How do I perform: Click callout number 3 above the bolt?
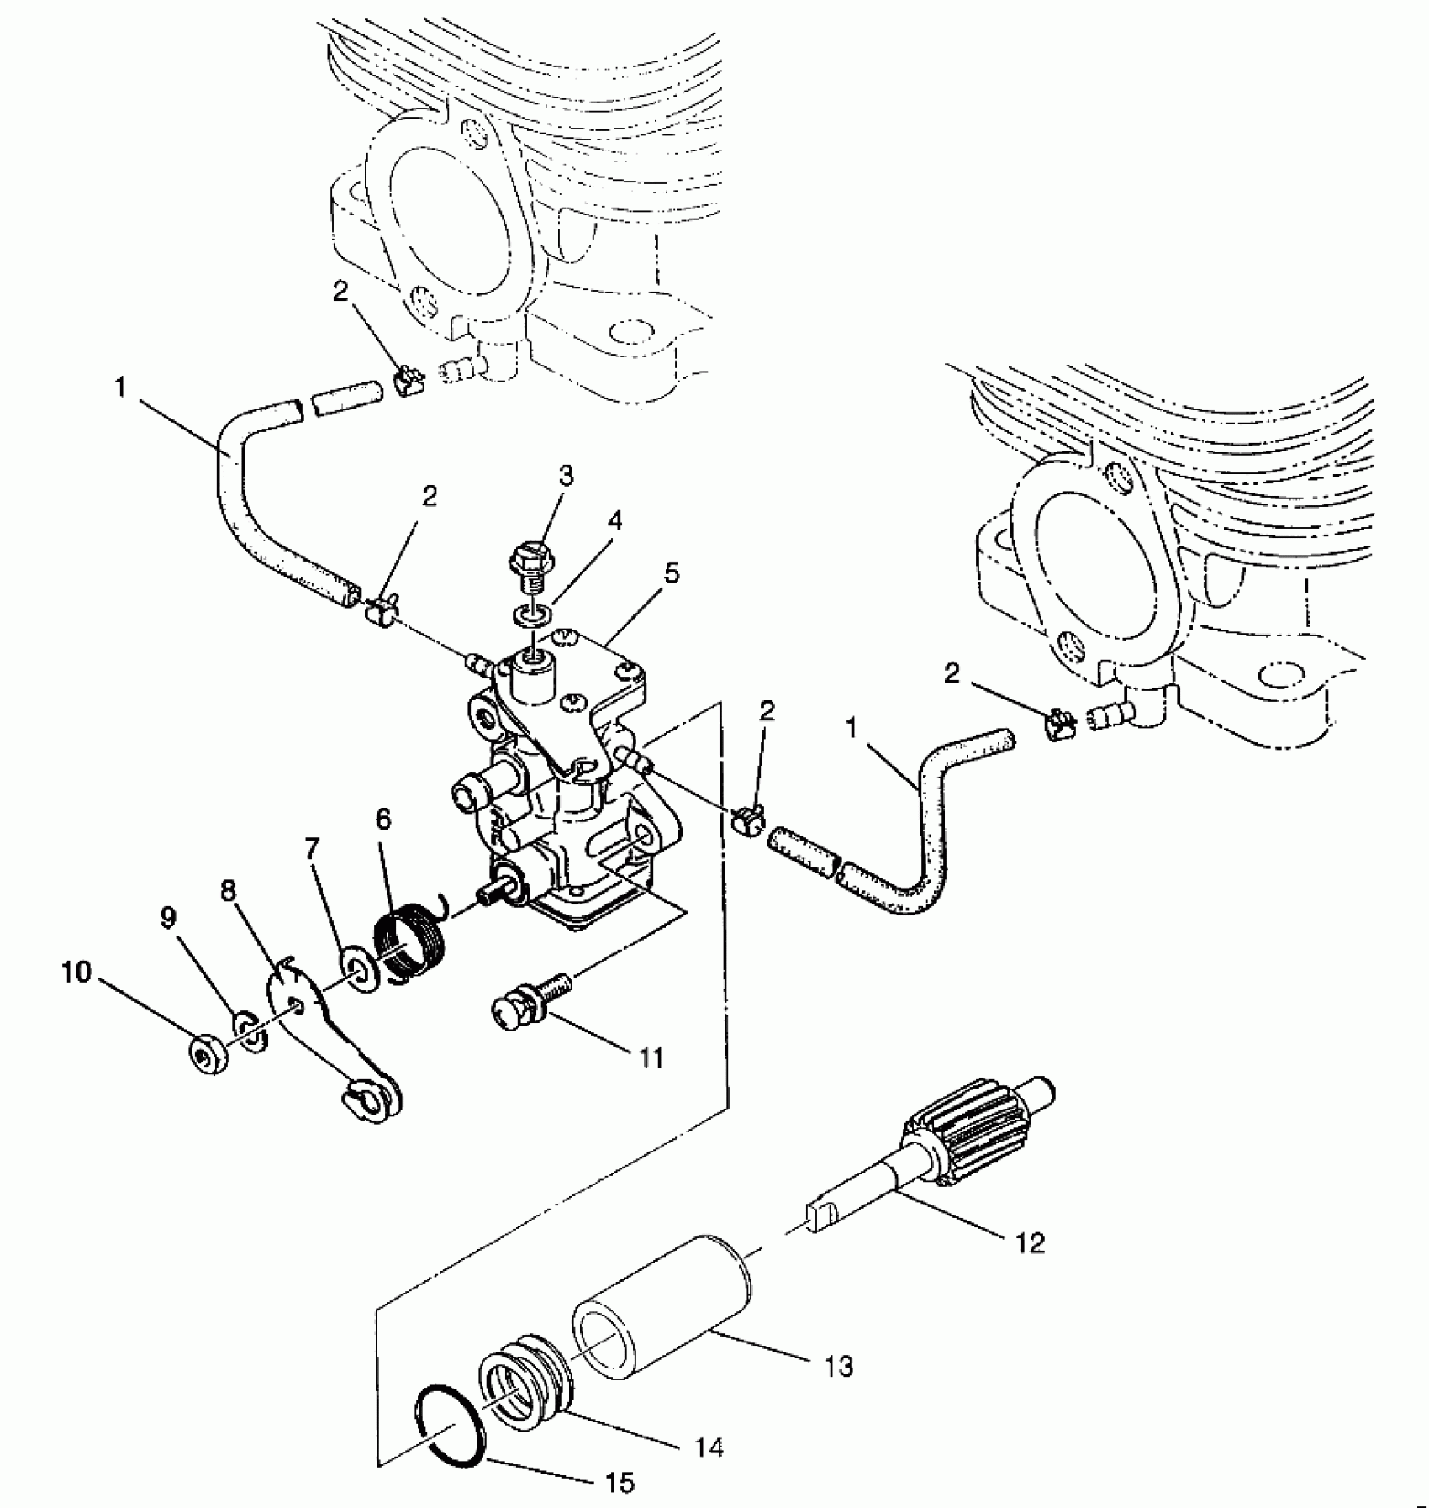coord(566,476)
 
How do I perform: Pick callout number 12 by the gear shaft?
coord(1031,1242)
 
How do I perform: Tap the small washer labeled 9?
coord(250,1031)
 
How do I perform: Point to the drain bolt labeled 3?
coord(530,561)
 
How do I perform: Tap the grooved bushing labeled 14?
coord(523,1374)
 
